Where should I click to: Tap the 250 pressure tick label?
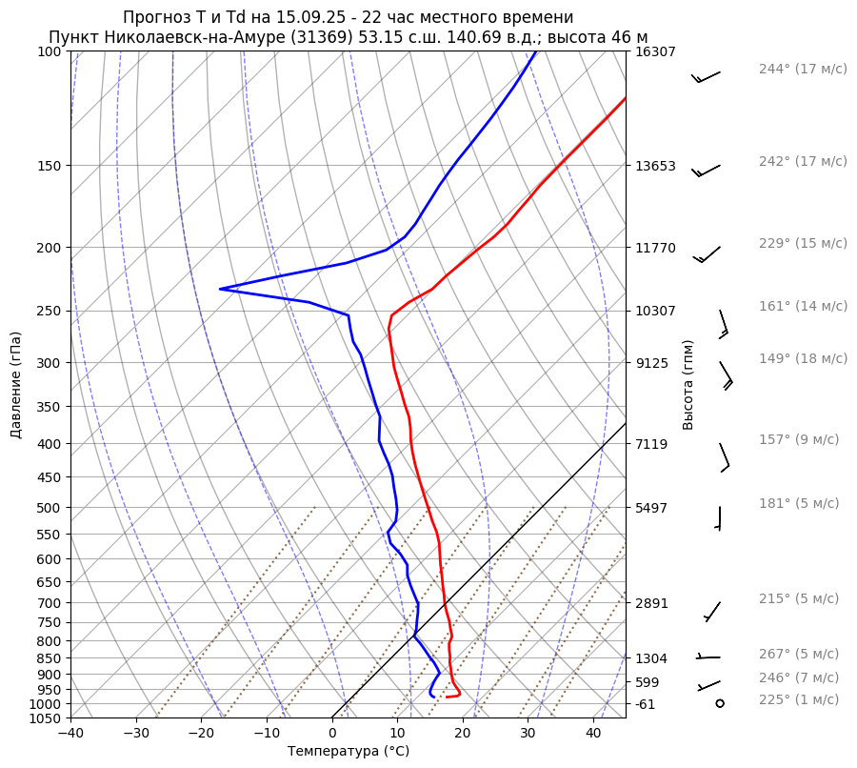pos(50,311)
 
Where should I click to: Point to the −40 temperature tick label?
pos(70,733)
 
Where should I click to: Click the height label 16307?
pos(655,51)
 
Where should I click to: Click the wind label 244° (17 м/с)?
pos(803,69)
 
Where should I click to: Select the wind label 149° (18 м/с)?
pos(803,358)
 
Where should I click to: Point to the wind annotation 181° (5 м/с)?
pos(799,503)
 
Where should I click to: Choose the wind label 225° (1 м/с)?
pos(799,699)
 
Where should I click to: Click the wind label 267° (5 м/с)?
pos(799,654)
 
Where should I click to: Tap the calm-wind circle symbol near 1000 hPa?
pos(719,703)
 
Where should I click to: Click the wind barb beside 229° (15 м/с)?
pos(706,254)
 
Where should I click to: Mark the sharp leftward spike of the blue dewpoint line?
pos(221,289)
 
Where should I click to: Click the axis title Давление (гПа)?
pos(16,385)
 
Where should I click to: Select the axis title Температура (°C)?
pos(349,752)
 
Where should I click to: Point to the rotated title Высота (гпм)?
pos(688,385)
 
